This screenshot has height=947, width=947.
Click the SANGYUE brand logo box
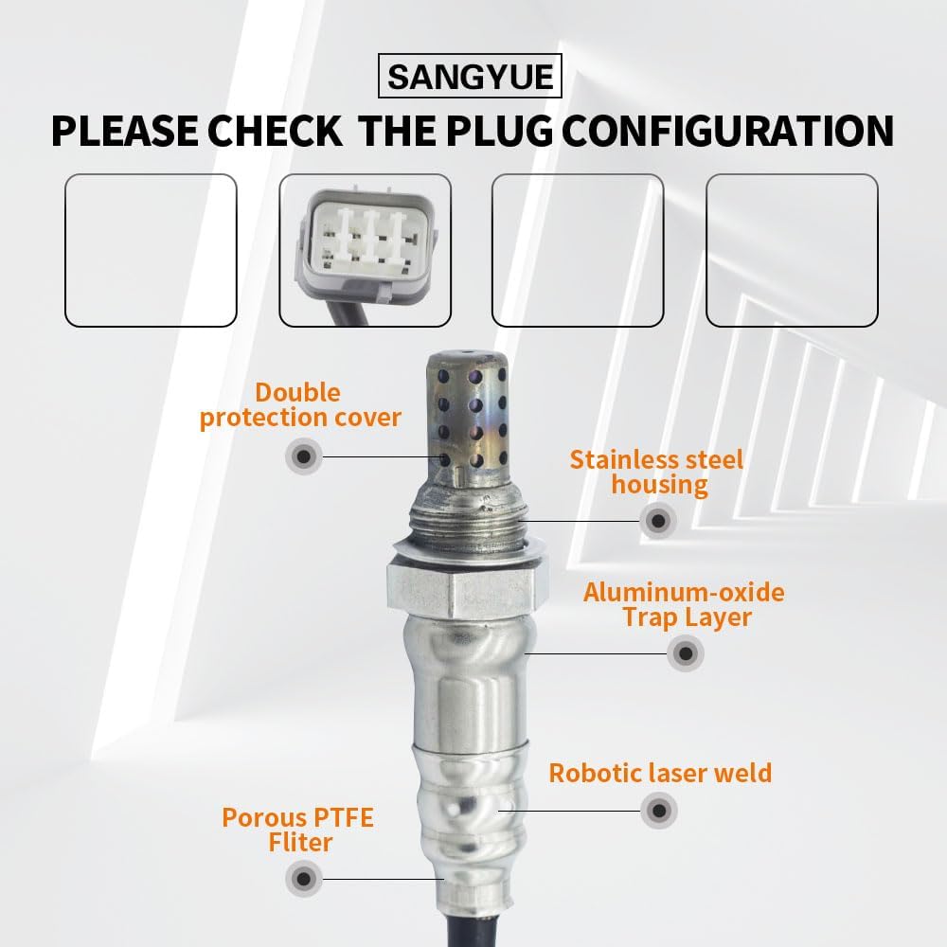470,77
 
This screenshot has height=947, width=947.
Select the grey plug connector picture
364,250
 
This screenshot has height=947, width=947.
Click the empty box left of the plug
151,250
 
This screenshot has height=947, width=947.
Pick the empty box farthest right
792,250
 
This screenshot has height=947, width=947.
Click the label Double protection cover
300,405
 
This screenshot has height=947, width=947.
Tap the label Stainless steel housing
657,473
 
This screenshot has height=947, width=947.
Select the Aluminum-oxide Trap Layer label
684,605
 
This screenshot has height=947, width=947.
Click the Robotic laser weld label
660,773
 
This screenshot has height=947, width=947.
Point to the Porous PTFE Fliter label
297,829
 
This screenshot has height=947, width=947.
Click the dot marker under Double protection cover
303,457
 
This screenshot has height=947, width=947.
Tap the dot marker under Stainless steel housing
657,520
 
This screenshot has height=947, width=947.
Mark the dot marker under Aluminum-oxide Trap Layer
685,652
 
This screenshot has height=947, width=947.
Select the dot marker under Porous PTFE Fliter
304,878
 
